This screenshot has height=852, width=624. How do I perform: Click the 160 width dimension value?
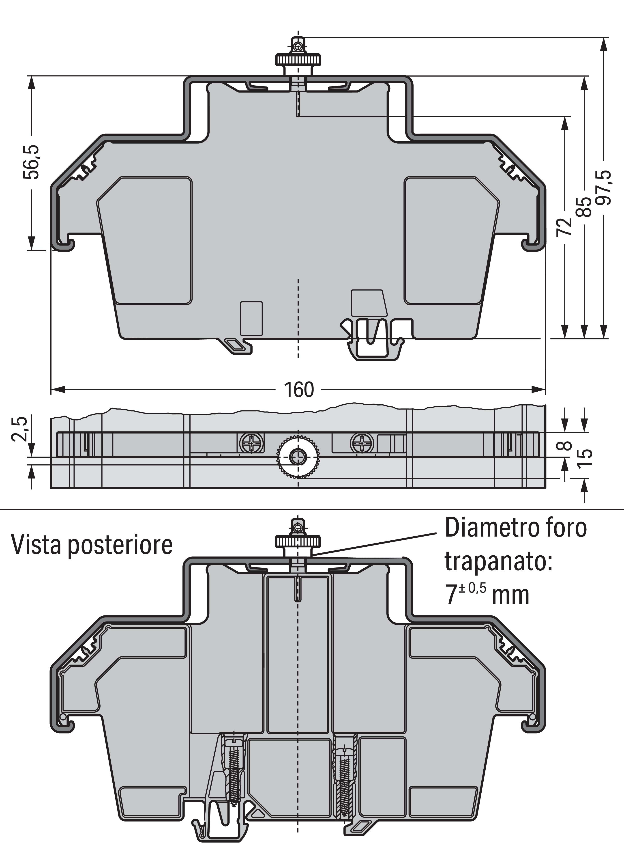point(298,390)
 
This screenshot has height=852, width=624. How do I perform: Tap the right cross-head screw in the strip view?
point(362,442)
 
